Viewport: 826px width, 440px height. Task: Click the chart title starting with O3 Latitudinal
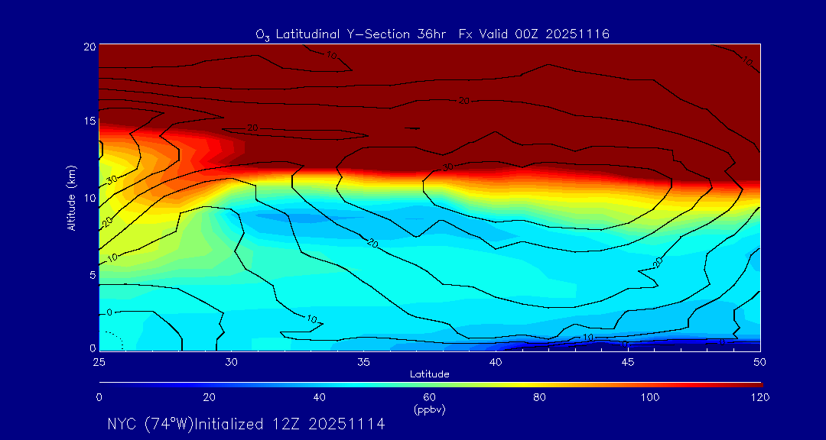pos(432,34)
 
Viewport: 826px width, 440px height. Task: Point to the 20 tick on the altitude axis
pos(89,46)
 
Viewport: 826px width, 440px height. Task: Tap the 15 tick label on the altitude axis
pos(89,121)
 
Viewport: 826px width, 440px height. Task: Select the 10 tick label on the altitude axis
pos(89,198)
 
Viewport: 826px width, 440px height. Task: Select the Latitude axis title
pos(429,374)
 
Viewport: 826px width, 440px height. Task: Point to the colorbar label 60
pos(429,397)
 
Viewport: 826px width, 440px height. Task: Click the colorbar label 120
pos(760,397)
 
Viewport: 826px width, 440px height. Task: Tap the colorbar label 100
pos(649,397)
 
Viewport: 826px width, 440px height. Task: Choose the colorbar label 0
pos(99,397)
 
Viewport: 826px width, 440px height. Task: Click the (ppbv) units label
pos(429,409)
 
